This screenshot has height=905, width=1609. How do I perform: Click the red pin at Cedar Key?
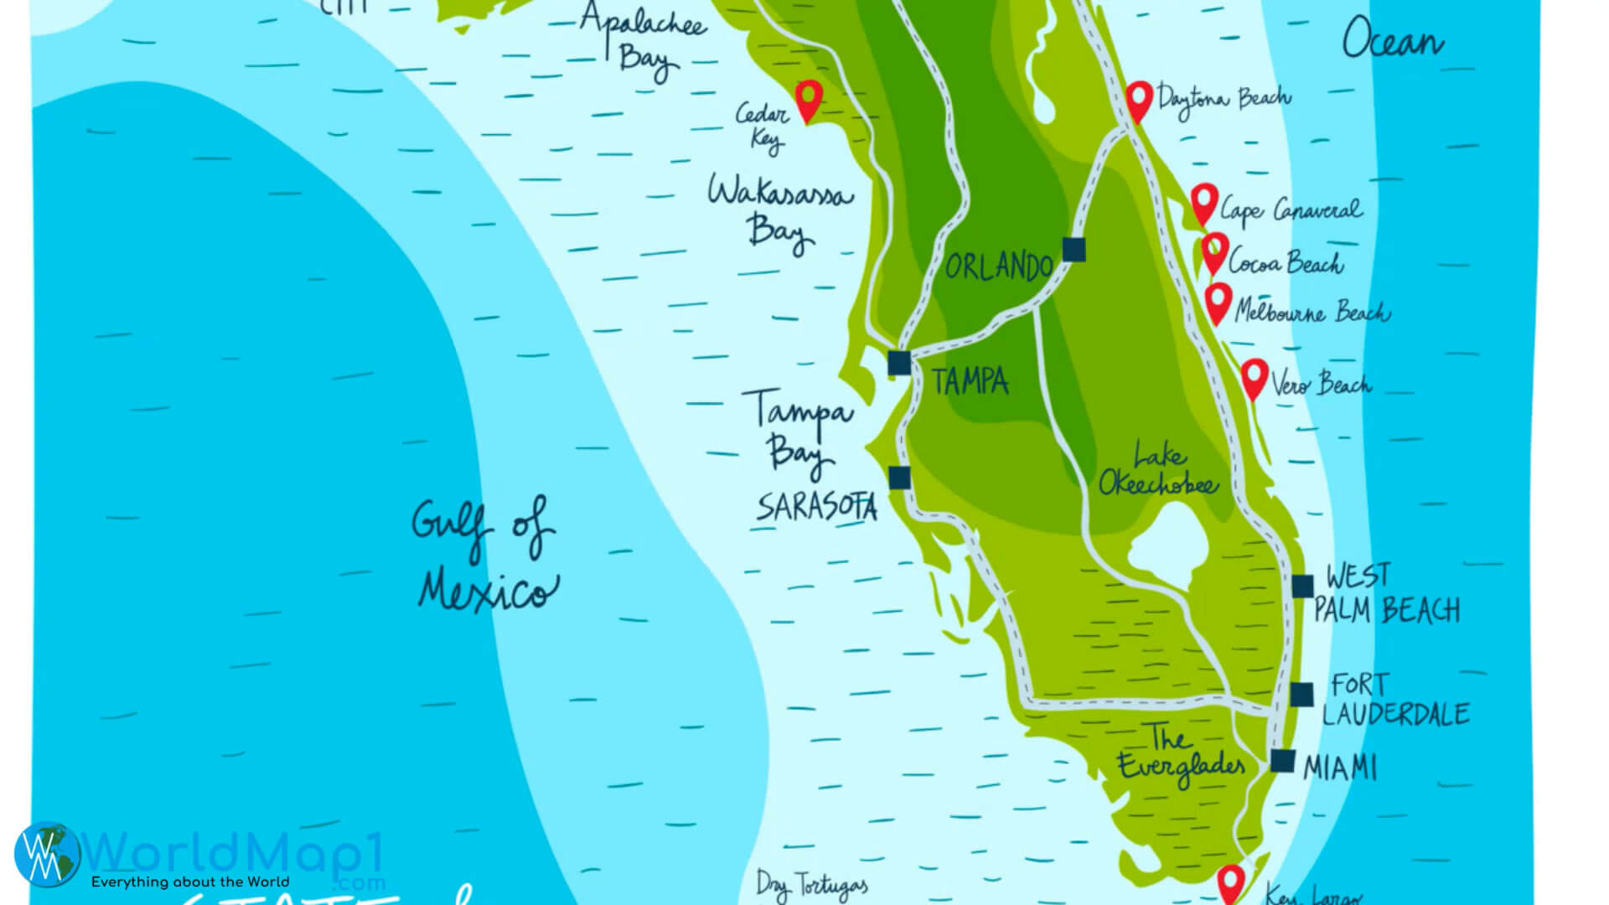pyautogui.click(x=809, y=99)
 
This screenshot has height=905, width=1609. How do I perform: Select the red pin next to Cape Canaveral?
pyautogui.click(x=1204, y=202)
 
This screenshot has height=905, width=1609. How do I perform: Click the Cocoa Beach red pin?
pyautogui.click(x=1215, y=251)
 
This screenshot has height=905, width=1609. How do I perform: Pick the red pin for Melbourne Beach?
pyautogui.click(x=1218, y=301)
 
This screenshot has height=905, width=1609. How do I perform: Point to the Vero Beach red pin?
pyautogui.click(x=1254, y=376)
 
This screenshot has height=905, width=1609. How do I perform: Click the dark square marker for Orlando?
pyautogui.click(x=1074, y=249)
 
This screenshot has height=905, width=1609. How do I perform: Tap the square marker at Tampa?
pyautogui.click(x=899, y=363)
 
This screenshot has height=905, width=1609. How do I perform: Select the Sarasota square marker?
pyautogui.click(x=899, y=478)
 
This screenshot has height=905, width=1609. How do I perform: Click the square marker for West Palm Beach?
pyautogui.click(x=1302, y=586)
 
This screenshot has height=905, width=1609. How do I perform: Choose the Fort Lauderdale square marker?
pyautogui.click(x=1301, y=694)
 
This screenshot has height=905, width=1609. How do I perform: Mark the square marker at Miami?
pyautogui.click(x=1282, y=760)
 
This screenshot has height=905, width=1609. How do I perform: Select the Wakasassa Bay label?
pyautogui.click(x=779, y=211)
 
